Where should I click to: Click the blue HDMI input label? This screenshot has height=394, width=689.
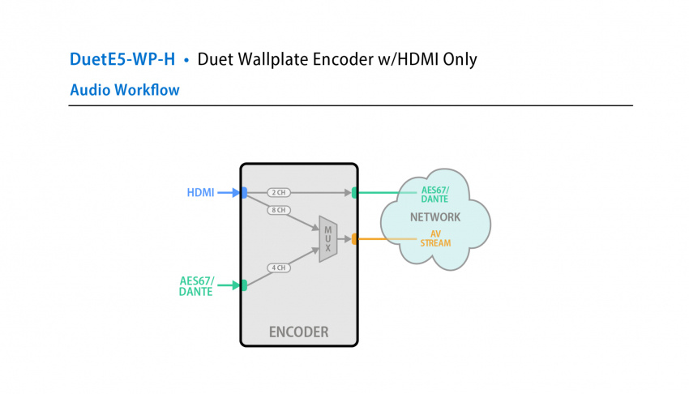pos(200,193)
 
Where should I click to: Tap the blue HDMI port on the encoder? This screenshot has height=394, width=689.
pos(243,193)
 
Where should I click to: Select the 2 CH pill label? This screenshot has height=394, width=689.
pos(278,193)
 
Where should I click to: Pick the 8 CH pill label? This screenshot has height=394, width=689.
pos(278,210)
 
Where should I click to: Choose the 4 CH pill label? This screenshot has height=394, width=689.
pos(278,268)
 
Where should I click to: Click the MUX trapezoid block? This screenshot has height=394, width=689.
pos(327,238)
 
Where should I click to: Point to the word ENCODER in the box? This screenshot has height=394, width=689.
pos(298,332)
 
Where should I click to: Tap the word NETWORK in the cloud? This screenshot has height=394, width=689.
pos(434,217)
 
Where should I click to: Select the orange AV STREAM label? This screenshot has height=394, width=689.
pos(434,238)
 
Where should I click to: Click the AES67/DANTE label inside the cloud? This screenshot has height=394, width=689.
pos(434,195)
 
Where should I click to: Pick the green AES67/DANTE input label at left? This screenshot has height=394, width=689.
pos(196,286)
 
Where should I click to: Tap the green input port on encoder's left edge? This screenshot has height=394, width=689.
pos(242,285)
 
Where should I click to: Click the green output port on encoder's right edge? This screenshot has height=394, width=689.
pos(355,193)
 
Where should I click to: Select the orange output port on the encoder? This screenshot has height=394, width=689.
pos(355,239)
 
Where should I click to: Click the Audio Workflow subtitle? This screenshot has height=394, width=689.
pos(125,89)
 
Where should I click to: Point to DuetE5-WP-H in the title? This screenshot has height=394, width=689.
pos(122,60)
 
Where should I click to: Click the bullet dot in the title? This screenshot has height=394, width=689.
pos(186,61)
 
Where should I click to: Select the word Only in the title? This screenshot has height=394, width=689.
pos(459,60)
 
